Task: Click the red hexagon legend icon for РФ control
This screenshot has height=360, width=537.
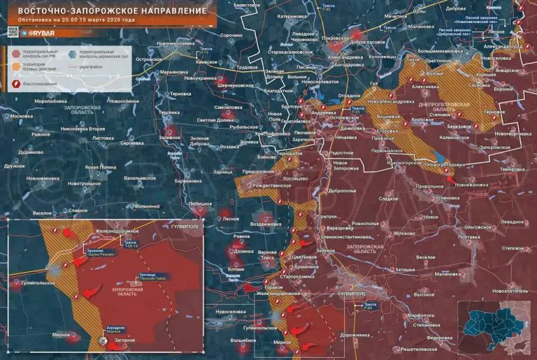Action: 16,53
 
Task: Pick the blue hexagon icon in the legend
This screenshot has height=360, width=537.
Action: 73,53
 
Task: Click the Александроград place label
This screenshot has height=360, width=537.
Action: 503,46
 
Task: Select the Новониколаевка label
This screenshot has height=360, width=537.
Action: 176,43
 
